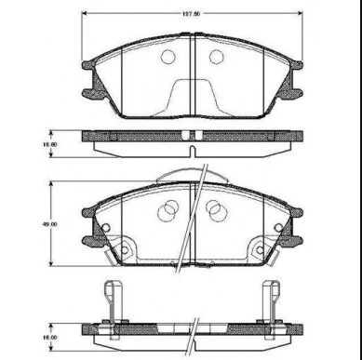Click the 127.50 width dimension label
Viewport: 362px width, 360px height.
191,14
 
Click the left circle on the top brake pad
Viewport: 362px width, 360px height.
168,57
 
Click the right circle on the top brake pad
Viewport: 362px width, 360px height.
216,57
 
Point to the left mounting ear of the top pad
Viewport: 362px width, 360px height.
90,79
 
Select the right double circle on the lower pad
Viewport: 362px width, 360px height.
215,212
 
